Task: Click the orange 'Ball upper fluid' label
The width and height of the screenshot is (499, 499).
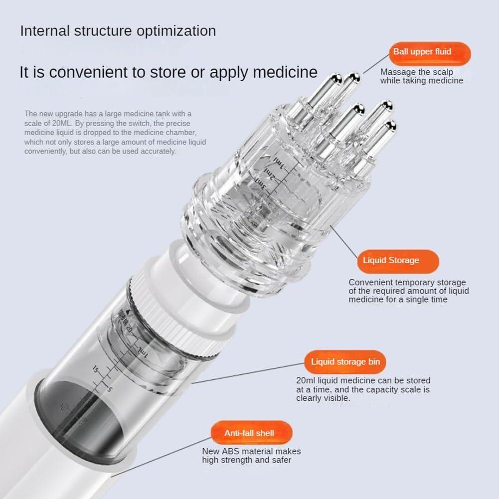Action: (422, 52)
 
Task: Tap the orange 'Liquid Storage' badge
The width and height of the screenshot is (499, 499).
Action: (390, 260)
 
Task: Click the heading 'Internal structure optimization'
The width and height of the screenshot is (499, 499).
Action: (118, 31)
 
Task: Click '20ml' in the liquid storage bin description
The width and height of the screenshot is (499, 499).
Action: (306, 381)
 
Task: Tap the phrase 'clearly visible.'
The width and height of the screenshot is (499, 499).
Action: (323, 398)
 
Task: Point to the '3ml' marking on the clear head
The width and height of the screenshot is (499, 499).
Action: (261, 186)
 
